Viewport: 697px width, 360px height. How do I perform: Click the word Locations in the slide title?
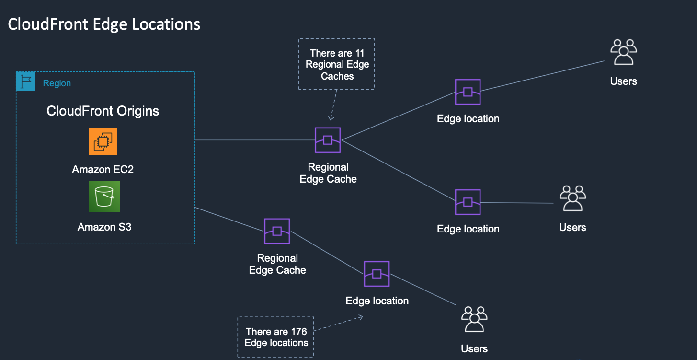[x=167, y=24]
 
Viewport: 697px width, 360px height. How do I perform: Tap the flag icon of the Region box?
[x=25, y=82]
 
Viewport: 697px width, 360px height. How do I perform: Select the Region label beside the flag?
[x=57, y=83]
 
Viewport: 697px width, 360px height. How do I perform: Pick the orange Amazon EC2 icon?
[x=103, y=141]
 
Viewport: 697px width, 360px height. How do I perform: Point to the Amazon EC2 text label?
[x=103, y=170]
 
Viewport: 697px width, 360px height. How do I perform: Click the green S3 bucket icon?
[x=104, y=197]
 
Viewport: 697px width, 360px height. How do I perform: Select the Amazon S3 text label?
[x=104, y=227]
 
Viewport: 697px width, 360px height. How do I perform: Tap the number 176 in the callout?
[x=298, y=332]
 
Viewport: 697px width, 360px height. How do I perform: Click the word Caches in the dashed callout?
[x=337, y=76]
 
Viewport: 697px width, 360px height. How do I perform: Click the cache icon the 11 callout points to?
[x=328, y=140]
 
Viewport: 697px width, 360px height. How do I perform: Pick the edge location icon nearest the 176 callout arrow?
[x=377, y=274]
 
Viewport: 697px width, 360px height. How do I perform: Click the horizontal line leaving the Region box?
[x=254, y=140]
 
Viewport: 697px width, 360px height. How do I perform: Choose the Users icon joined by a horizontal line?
[x=572, y=198]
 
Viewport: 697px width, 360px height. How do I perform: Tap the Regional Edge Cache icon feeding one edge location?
[x=277, y=231]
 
